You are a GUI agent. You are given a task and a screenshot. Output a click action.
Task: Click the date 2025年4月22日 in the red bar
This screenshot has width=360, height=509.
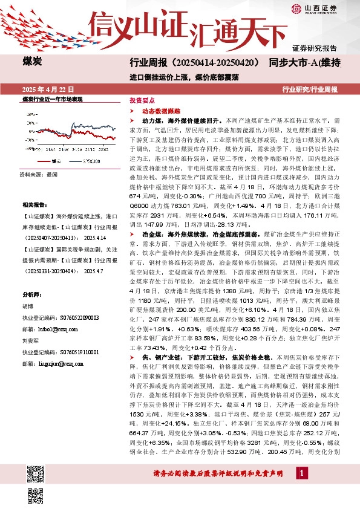click(48, 89)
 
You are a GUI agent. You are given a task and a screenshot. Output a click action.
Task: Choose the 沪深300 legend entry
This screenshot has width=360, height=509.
click(91, 161)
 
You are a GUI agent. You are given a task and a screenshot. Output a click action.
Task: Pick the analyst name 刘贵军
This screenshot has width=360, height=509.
click(30, 340)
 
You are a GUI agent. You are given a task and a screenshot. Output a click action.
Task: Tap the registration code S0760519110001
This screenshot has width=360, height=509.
click(71, 350)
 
